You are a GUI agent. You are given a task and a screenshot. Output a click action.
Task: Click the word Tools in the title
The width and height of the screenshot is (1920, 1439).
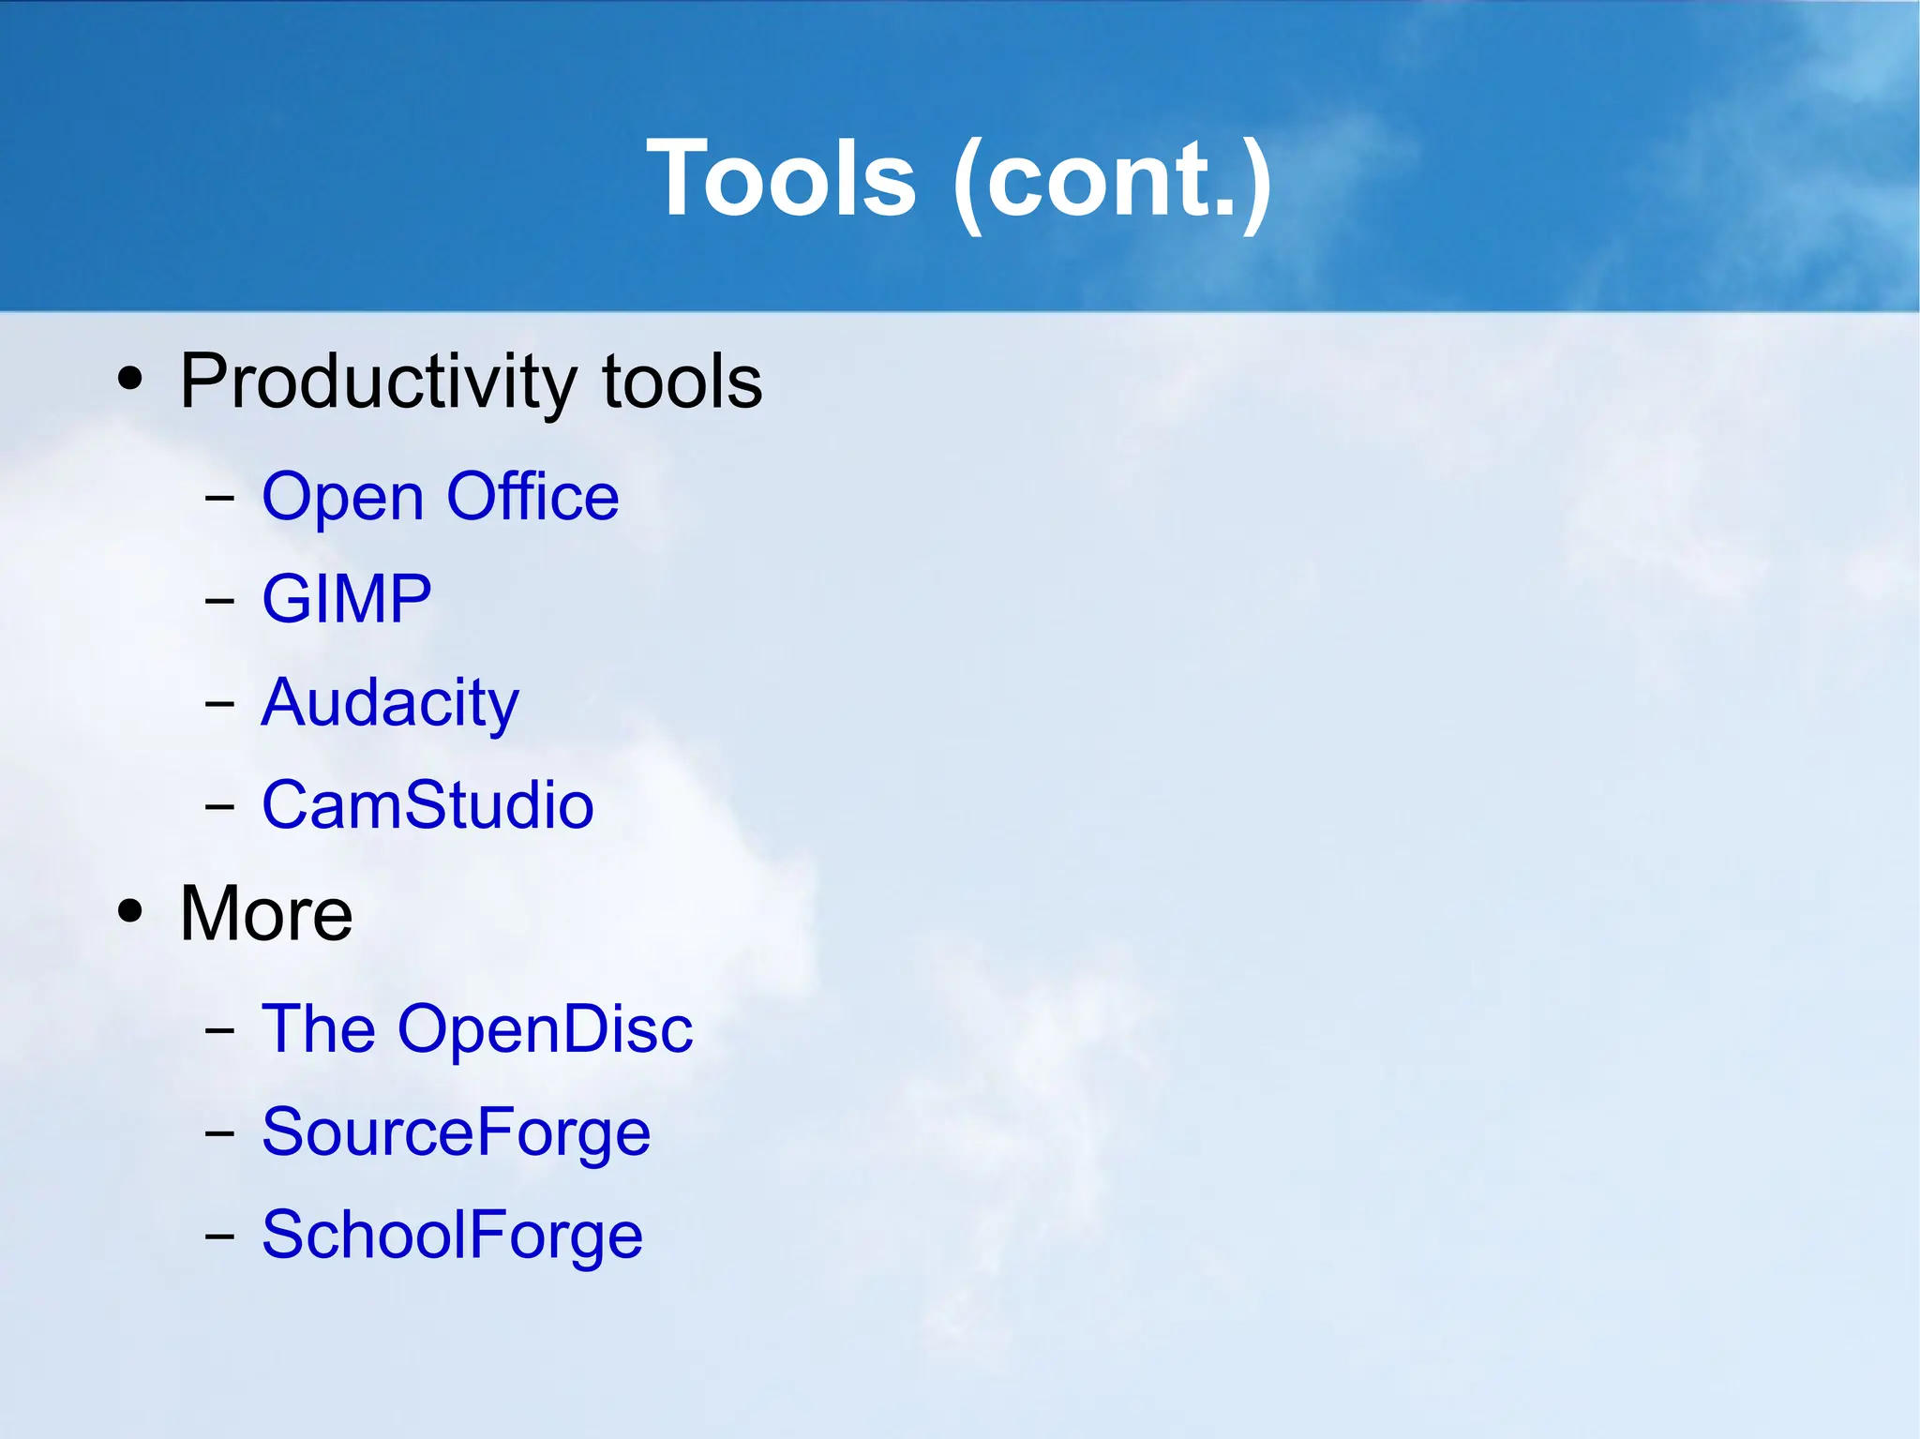781,178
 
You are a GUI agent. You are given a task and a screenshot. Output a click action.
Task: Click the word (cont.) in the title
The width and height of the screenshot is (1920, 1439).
1112,180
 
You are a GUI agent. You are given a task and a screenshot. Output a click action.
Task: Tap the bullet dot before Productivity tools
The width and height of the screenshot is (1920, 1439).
130,379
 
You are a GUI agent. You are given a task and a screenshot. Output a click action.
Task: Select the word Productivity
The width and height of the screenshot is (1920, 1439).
378,382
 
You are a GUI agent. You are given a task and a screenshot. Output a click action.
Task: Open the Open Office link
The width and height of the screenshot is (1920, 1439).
440,496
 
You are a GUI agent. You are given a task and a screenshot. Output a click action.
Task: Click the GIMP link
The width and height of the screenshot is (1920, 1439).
346,598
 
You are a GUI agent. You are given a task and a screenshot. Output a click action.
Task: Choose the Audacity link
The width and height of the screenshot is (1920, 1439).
389,703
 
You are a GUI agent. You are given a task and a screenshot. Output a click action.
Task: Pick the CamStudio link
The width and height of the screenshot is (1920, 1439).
427,804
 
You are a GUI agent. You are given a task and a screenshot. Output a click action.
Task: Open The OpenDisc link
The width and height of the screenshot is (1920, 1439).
476,1028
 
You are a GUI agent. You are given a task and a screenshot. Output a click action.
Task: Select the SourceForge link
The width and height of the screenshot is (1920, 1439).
456,1132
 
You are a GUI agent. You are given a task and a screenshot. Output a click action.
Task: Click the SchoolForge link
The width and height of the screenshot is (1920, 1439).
452,1234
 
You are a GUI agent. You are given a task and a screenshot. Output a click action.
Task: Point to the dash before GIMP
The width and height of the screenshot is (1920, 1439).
219,600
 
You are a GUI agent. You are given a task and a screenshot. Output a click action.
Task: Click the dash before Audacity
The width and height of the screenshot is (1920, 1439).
219,703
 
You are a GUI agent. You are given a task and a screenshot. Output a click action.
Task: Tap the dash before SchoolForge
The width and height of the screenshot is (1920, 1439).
219,1236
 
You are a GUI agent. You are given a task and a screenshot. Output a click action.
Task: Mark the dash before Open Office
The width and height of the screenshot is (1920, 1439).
219,498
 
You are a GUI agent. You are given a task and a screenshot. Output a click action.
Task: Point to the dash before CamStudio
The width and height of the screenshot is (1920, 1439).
219,805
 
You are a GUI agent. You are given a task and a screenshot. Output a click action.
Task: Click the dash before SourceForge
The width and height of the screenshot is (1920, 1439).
219,1132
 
